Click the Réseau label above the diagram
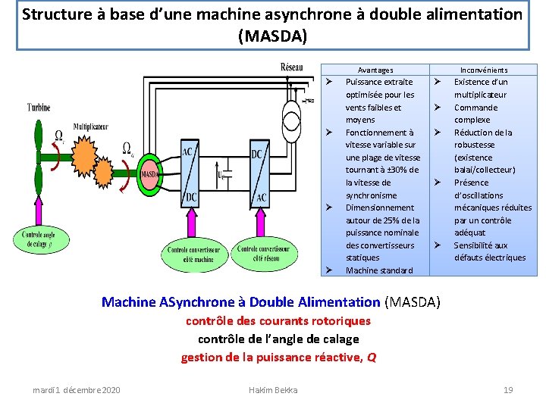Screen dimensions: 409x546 292,67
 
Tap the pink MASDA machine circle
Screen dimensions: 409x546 149,173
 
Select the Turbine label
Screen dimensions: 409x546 39,108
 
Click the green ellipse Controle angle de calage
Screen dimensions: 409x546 46,239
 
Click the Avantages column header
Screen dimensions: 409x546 375,70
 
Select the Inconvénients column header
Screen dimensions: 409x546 484,70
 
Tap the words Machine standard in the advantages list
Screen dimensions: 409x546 379,270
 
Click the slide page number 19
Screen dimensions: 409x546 508,390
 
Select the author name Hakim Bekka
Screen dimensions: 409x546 273,390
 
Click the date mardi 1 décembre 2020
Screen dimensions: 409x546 76,390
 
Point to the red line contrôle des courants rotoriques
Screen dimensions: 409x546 278,321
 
